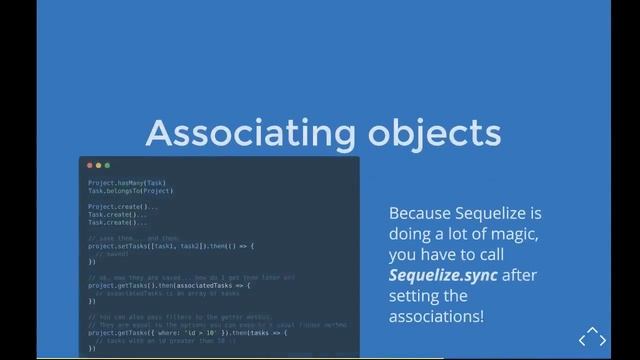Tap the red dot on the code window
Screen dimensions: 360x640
click(x=90, y=165)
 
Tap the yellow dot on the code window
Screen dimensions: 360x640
click(x=99, y=165)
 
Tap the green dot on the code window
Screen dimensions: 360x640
click(x=108, y=165)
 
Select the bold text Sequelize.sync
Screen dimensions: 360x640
click(x=442, y=275)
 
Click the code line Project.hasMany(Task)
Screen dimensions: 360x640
click(x=126, y=183)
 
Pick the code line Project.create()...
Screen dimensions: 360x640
click(x=123, y=206)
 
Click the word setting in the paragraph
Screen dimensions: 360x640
click(x=414, y=296)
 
